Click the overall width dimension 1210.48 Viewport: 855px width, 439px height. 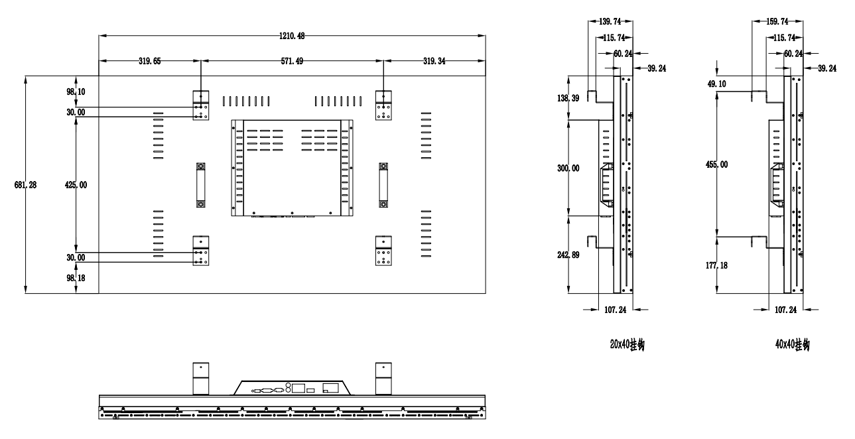tap(291, 34)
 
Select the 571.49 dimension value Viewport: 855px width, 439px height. tap(293, 60)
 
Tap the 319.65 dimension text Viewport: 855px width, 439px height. tap(149, 60)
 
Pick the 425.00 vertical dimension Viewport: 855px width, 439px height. tap(76, 185)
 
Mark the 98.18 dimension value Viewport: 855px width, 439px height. tap(76, 279)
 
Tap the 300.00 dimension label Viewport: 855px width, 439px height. tap(568, 168)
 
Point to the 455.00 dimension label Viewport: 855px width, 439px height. tap(716, 164)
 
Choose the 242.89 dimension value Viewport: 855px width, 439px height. tap(568, 255)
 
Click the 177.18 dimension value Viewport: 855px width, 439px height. tap(716, 265)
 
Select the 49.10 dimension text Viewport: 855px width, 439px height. tap(716, 84)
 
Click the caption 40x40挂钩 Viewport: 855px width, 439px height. tap(792, 344)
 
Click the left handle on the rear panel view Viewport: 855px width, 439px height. tap(200, 185)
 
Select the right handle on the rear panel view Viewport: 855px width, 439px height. tap(383, 185)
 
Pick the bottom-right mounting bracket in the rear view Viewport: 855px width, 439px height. tap(383, 251)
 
